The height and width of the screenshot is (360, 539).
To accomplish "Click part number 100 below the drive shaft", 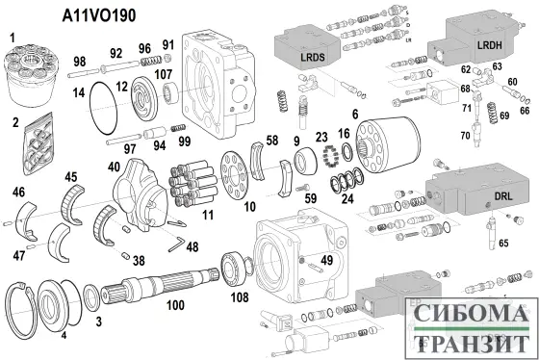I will coord(174,306).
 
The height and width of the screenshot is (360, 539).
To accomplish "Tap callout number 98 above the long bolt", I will coord(79,61).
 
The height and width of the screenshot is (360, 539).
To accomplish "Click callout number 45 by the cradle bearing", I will coord(70,176).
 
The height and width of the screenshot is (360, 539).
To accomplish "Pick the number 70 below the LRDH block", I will coord(464,135).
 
